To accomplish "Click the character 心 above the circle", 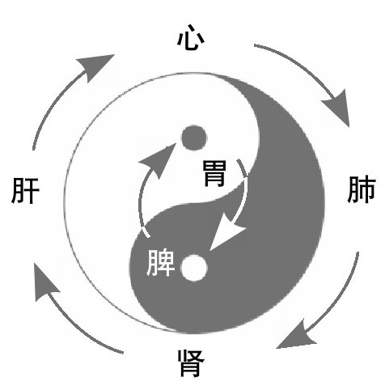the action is coord(191,38).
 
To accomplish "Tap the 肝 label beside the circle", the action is coord(26,190).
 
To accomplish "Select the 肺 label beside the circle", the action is coord(362,189).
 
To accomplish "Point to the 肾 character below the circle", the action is coord(191,363).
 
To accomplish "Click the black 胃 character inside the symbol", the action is coord(214,173).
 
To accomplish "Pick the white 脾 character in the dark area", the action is coord(161,262).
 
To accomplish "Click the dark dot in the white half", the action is coord(194,138).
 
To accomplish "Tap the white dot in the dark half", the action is coord(194,268).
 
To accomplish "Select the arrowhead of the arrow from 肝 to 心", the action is coord(96,66).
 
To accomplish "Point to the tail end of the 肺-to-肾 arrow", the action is coord(357,252).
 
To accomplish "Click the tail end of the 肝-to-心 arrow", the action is coord(33,149).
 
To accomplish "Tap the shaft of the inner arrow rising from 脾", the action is coord(140,202).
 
